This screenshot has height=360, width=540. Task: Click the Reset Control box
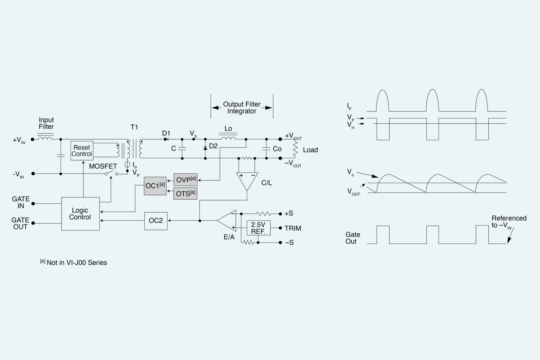pos(82,151)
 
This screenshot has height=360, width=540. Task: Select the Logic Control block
pos(80,214)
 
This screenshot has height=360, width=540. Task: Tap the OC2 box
pos(156,221)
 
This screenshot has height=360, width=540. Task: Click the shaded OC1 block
pos(155,186)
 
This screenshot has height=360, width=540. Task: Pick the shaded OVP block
pos(185,180)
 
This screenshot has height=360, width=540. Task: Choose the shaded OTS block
pos(185,194)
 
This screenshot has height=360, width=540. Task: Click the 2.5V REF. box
pos(258,228)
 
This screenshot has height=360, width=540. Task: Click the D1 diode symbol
pos(166,139)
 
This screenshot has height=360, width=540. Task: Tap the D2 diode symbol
pos(205,148)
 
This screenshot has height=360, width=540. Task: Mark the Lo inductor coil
pos(228,138)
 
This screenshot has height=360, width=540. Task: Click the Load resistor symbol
pos(295,149)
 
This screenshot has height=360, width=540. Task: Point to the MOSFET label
pos(103,166)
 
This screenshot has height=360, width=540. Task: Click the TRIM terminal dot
pos(280,228)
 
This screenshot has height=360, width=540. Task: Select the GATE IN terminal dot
pos(33,203)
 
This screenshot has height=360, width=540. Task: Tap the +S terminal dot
pos(280,214)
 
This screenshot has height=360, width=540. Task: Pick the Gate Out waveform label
pos(353,238)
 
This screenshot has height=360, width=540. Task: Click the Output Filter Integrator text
pos(242,108)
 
